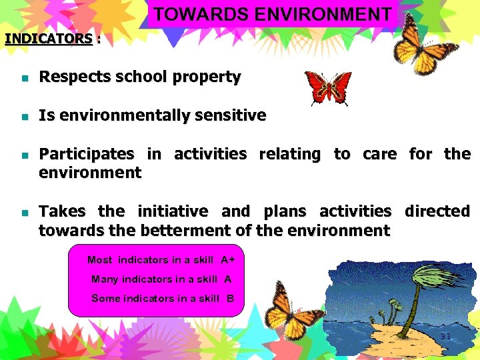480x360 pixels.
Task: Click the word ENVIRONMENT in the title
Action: tap(330, 14)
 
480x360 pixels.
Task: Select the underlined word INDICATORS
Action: tap(48, 39)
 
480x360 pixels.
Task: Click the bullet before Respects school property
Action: tap(24, 78)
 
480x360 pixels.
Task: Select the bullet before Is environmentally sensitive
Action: tap(24, 117)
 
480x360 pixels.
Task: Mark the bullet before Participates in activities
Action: tap(24, 155)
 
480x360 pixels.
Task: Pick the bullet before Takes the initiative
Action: tap(24, 213)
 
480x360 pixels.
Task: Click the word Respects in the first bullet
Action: tap(69, 77)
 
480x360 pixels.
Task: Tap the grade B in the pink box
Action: tap(230, 299)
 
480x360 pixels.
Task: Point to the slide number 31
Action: tap(445, 336)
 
